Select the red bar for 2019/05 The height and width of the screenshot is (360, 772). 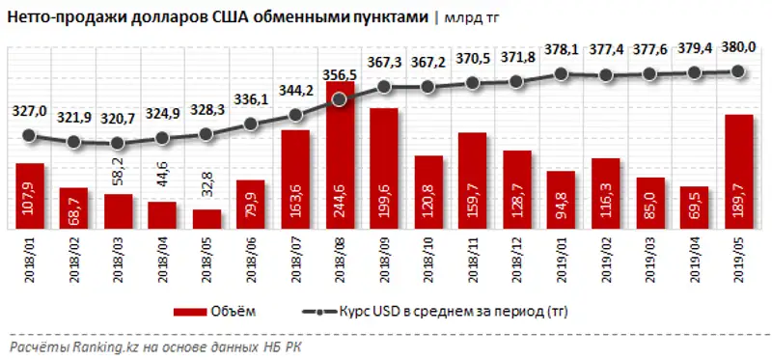(x=738, y=174)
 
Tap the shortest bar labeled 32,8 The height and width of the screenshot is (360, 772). (x=207, y=219)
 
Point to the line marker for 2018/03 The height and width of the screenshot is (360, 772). (x=118, y=144)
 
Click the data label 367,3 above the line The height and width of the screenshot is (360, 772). (x=384, y=62)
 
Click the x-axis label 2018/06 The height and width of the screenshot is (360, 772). (x=252, y=260)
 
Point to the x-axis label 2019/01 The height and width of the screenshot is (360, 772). (x=561, y=260)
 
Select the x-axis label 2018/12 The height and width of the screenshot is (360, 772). (x=516, y=260)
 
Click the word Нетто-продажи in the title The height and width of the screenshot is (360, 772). (x=58, y=17)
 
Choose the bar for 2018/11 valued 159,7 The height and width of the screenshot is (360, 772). (x=472, y=183)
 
